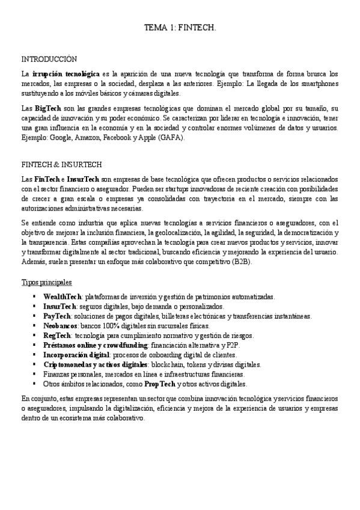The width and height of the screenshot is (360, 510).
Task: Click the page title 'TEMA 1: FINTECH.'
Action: pyautogui.click(x=180, y=28)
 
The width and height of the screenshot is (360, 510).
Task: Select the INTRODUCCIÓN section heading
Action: pyautogui.click(x=49, y=59)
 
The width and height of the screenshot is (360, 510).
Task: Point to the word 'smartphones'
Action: pyautogui.click(x=316, y=83)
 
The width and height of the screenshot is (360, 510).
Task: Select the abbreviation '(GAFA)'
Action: pyautogui.click(x=172, y=137)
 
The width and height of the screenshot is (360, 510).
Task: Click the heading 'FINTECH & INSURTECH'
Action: pyautogui.click(x=61, y=164)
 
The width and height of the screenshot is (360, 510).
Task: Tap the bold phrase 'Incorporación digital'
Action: pyautogui.click(x=76, y=355)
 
